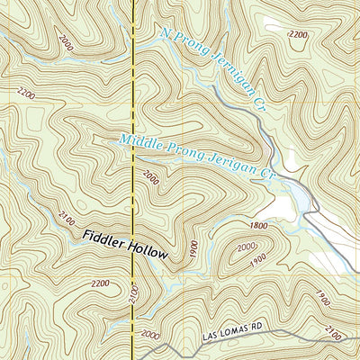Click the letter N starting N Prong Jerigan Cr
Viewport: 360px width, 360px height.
coord(165,33)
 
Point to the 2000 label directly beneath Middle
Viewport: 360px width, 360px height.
coord(148,178)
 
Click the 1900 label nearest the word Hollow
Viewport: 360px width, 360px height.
coord(191,247)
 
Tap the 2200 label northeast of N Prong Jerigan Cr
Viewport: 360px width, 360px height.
coord(297,34)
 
